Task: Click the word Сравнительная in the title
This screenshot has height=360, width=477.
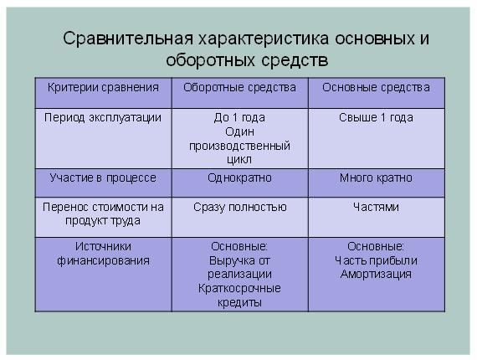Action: pos(128,39)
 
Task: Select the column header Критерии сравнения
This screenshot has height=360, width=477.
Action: pos(103,88)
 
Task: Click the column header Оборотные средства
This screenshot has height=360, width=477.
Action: pos(239,88)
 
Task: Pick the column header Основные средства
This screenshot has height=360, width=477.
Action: pos(376,88)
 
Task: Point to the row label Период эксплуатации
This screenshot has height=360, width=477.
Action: pos(103,118)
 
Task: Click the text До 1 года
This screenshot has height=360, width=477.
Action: pos(239,117)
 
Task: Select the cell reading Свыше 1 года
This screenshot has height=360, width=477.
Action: pos(376,117)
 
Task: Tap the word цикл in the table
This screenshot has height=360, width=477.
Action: pos(239,160)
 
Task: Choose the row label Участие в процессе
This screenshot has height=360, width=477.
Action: pos(103,178)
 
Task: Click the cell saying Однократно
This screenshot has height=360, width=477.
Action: pos(239,177)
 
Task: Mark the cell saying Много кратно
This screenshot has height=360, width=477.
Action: pos(376,177)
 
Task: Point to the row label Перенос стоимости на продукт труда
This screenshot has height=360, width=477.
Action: pos(103,214)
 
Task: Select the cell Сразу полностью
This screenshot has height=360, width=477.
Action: pos(240,208)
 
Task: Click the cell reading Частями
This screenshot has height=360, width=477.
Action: pos(376,207)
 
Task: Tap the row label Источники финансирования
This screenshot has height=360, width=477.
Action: pos(103,254)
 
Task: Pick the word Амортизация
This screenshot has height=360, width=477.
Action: pos(376,274)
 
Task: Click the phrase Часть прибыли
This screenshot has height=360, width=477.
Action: pos(376,261)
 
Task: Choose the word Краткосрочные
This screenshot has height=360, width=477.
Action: pos(239,288)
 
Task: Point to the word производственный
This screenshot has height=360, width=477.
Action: pos(239,146)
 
